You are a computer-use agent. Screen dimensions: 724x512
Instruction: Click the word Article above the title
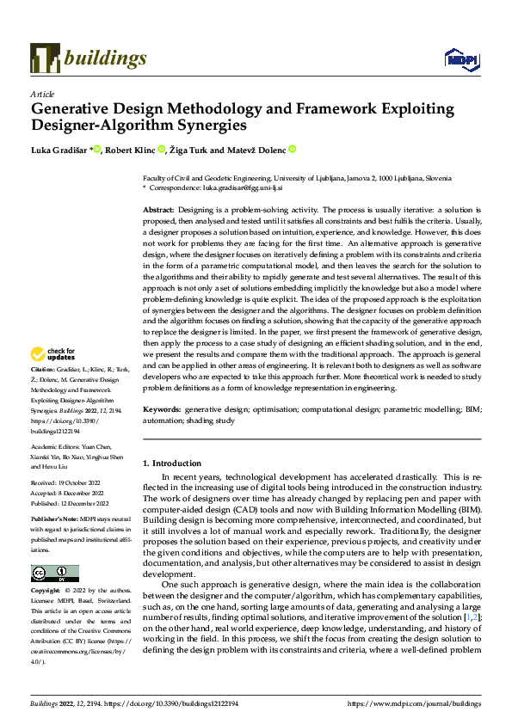pos(42,93)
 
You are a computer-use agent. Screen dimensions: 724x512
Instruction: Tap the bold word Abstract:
pos(158,210)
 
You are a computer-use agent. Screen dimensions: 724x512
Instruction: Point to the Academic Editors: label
pos(56,447)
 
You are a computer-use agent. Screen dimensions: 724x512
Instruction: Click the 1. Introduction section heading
pos(171,463)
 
